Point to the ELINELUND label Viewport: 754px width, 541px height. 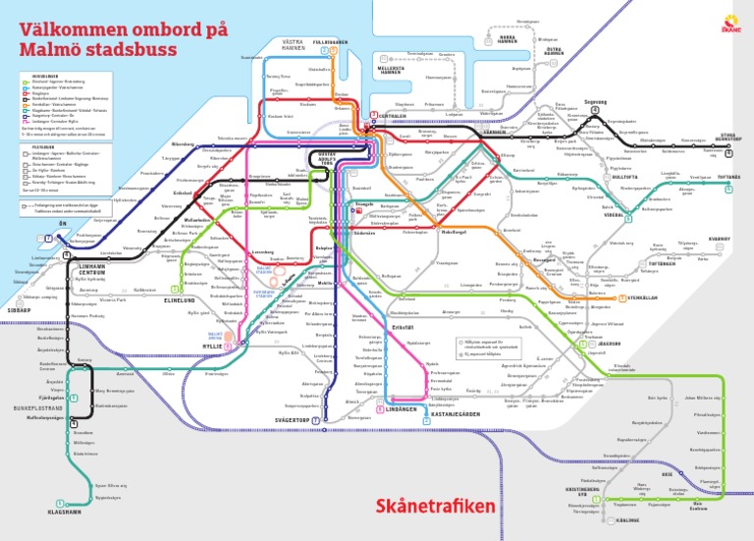pos(183,300)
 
